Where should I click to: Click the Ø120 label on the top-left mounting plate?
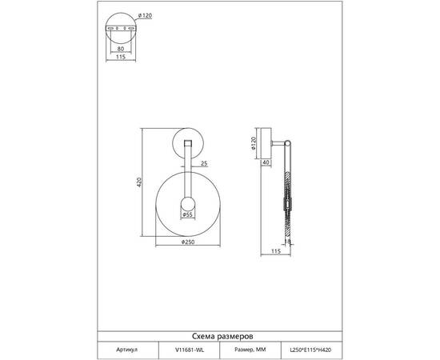click(146, 16)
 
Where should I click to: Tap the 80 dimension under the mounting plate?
click(120, 49)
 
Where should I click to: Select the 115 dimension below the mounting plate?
click(120, 57)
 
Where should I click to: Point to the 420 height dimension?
click(139, 182)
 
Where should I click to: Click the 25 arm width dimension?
click(204, 163)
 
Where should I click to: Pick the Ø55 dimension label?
click(187, 214)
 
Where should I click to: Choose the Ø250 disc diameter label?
click(188, 242)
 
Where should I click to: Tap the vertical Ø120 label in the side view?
click(254, 143)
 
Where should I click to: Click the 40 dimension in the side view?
click(266, 162)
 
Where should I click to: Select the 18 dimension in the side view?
click(287, 241)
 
